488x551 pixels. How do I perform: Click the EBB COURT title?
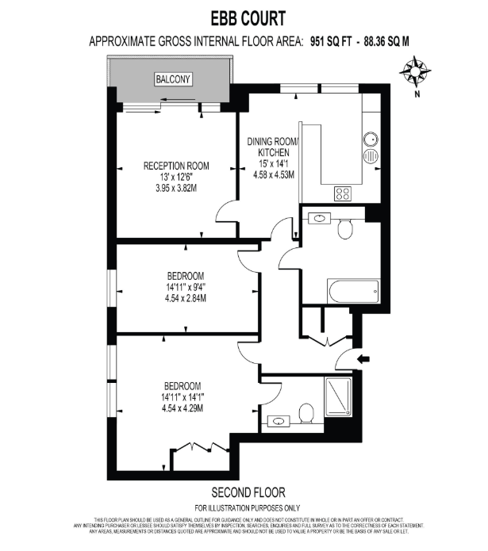tap(248, 18)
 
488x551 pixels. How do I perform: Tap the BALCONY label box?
tap(173, 79)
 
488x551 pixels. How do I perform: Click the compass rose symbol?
tap(415, 71)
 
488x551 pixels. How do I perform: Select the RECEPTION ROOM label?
tap(176, 166)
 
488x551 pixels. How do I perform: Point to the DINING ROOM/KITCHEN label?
tap(273, 147)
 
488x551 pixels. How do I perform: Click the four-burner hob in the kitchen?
tap(343, 193)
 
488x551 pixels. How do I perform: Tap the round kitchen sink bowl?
tap(371, 140)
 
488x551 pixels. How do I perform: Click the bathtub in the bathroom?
tap(353, 291)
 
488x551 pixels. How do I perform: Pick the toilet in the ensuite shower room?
tap(306, 413)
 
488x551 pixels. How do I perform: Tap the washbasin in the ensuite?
tap(279, 421)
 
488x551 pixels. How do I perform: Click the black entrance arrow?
tap(363, 359)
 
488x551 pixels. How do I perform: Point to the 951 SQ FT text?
tap(330, 41)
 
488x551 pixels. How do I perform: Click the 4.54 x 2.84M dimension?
tap(186, 299)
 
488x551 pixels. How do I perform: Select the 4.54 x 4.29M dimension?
tap(183, 408)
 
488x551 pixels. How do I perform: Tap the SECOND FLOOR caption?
tap(248, 492)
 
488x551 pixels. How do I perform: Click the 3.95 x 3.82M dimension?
tap(176, 189)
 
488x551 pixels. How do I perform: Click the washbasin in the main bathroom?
tap(319, 218)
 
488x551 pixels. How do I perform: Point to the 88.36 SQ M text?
tap(386, 41)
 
